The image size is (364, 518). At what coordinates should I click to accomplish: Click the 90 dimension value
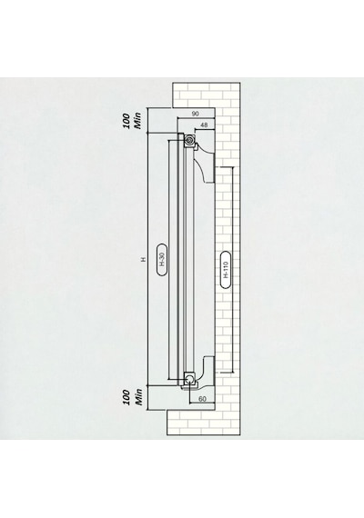tap(196, 114)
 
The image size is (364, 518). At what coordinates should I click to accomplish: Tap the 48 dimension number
tap(204, 125)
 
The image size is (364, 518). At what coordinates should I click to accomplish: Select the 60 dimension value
tap(202, 399)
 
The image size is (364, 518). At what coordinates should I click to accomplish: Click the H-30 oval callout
tap(161, 259)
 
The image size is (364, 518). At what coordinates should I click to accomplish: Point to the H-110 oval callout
tap(226, 270)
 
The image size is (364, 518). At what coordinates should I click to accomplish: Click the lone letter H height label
tap(143, 259)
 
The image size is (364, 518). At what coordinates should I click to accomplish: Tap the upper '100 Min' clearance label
tap(132, 121)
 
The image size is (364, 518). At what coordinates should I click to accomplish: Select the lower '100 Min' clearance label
tap(132, 397)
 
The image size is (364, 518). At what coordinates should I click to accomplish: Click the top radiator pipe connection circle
tap(189, 140)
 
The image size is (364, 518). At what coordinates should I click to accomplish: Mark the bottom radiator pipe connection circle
tap(190, 378)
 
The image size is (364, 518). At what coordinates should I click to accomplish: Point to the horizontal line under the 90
tap(197, 117)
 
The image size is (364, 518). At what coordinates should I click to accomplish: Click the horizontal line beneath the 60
tap(202, 403)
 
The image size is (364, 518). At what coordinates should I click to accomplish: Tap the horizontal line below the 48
tap(206, 129)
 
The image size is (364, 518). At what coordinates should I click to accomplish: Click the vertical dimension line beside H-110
tap(233, 270)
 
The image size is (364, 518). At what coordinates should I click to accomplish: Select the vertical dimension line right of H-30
tap(169, 260)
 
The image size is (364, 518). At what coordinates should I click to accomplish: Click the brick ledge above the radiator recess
tap(206, 95)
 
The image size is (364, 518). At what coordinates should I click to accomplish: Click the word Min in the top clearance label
tap(137, 121)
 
